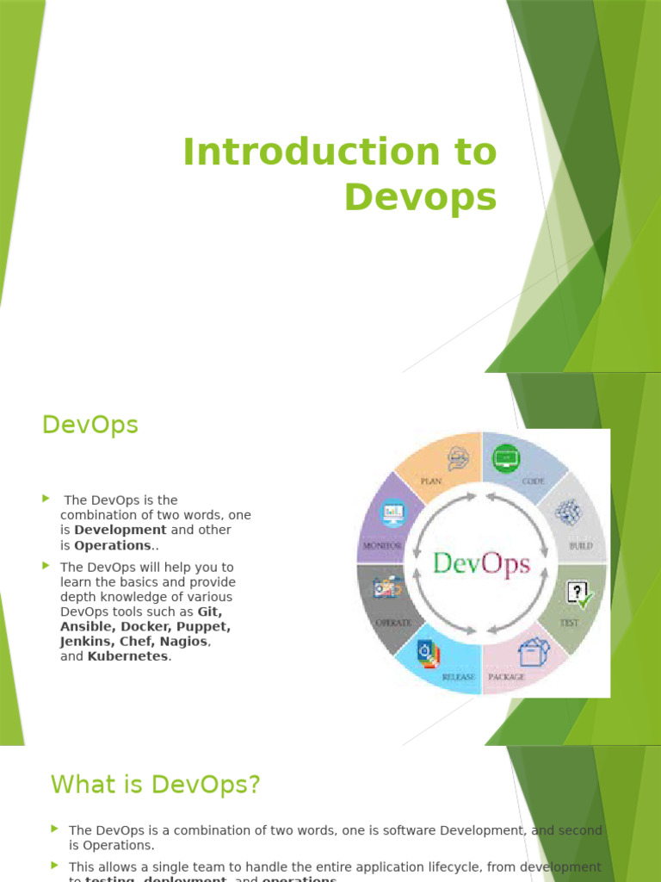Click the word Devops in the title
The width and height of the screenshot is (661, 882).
click(x=420, y=196)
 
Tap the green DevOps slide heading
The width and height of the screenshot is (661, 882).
click(x=90, y=425)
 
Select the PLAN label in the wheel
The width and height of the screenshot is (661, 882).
click(x=430, y=481)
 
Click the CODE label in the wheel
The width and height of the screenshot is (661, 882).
click(x=533, y=481)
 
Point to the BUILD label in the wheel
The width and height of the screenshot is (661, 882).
click(x=580, y=546)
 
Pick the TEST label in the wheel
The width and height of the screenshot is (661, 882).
click(x=570, y=622)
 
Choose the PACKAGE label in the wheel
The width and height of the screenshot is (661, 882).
click(x=507, y=677)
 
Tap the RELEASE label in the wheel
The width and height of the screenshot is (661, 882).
click(x=458, y=677)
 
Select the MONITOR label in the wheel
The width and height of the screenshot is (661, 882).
click(x=382, y=546)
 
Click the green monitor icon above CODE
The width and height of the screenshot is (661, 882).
click(x=505, y=457)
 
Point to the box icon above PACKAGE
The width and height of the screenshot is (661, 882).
click(x=534, y=651)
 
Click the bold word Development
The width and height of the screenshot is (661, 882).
click(x=120, y=530)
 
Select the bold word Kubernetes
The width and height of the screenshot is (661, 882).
click(x=128, y=656)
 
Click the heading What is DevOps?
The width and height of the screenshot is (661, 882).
click(x=155, y=785)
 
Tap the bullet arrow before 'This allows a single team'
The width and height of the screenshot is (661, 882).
click(x=55, y=864)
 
